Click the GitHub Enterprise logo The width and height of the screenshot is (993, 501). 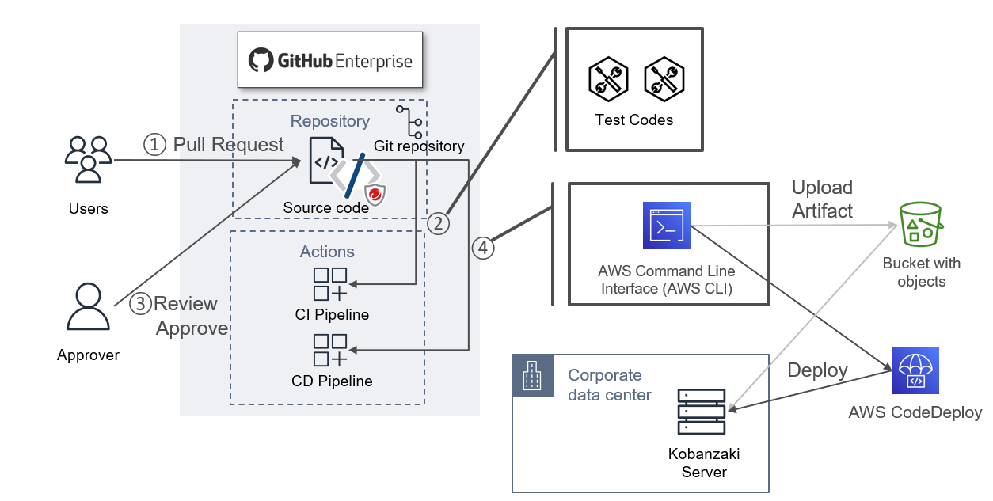coord(330,61)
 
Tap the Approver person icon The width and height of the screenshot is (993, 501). coord(88,306)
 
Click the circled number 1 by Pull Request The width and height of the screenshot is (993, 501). coord(154,145)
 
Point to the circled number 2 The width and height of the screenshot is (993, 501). coord(438,223)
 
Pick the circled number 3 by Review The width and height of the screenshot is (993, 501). coord(140,303)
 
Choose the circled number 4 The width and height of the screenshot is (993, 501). coord(484,249)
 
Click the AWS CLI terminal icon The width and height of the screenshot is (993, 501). coord(667,226)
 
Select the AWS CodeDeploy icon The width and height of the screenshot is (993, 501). coord(915,370)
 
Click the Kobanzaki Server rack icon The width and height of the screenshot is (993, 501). coord(702,412)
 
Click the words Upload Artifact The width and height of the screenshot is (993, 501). coord(822,199)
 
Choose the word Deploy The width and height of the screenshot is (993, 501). coord(817,370)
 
